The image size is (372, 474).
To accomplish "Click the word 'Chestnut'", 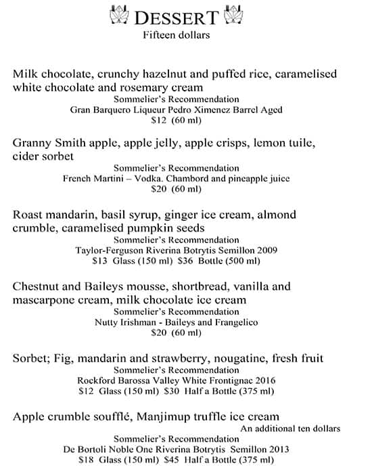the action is pos(38,286).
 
